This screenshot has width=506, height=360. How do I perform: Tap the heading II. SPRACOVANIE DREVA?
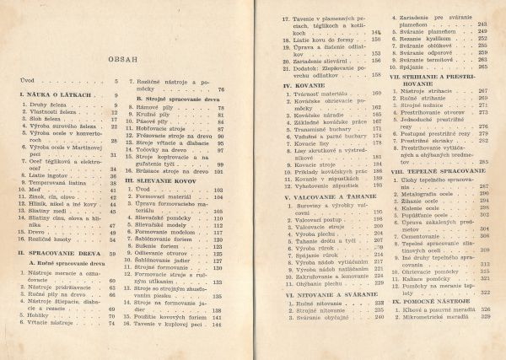click(x=63, y=253)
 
